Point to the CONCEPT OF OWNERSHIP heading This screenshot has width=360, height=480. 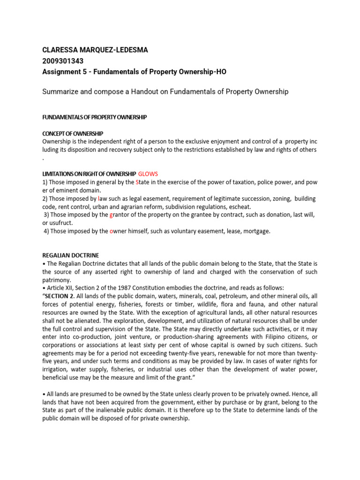[72, 134]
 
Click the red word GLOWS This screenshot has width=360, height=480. [151, 174]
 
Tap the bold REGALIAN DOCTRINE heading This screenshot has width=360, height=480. [70, 255]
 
